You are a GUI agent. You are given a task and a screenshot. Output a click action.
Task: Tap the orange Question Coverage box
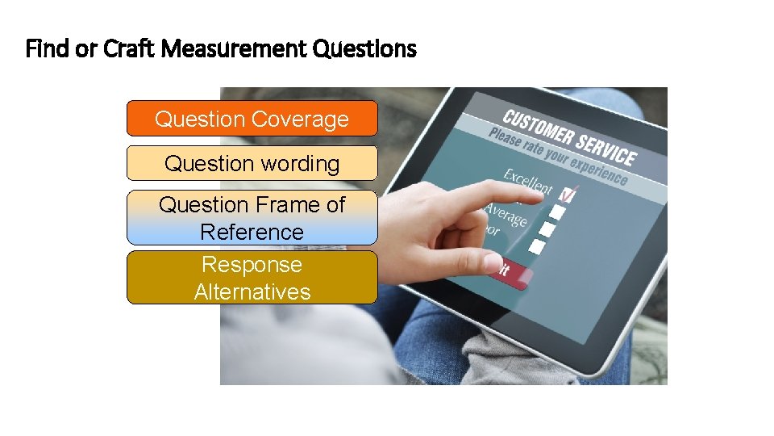click(252, 119)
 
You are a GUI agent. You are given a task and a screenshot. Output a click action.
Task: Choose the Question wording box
click(252, 163)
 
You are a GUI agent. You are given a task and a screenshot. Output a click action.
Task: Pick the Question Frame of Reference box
click(252, 217)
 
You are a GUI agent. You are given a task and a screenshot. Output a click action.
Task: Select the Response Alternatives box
click(252, 277)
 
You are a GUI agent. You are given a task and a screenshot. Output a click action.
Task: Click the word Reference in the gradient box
click(252, 232)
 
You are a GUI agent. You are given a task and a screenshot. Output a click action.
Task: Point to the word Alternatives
click(252, 291)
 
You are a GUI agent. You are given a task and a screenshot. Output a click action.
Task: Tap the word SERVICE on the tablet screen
click(608, 149)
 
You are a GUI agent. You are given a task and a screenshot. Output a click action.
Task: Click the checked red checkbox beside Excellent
click(568, 195)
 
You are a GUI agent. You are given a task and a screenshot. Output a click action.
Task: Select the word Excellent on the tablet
click(528, 182)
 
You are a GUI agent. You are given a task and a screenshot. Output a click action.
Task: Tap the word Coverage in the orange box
click(300, 119)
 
